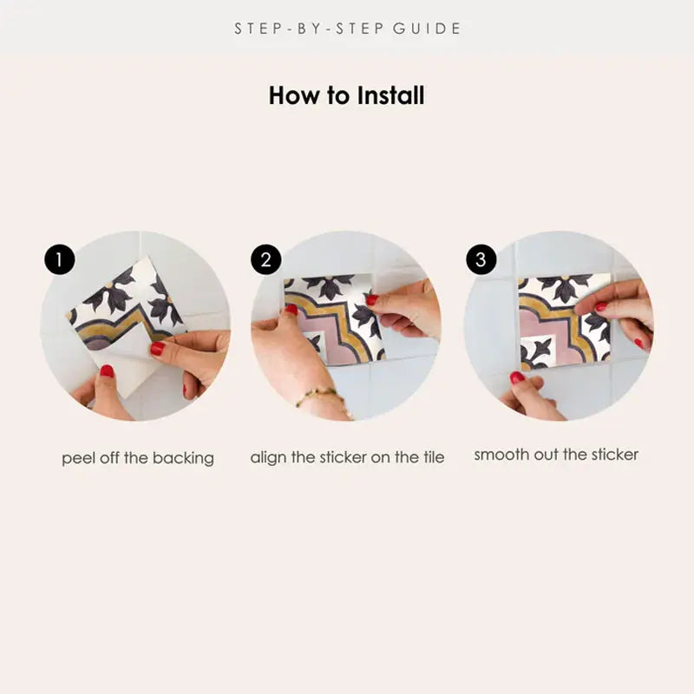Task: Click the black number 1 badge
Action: pos(60,259)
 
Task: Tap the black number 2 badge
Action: pos(266,259)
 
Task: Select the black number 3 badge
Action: pos(481,259)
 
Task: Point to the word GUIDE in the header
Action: pos(427,29)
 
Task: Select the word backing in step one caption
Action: pos(183,458)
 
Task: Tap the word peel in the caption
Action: pos(77,458)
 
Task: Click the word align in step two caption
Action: pos(270,457)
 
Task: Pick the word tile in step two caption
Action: pos(431,457)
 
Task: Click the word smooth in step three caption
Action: pos(501,455)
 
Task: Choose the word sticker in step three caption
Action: pos(610,455)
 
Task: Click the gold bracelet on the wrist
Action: pos(317,397)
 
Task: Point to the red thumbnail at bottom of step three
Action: pos(517,377)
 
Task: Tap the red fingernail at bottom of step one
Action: pos(107,371)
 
